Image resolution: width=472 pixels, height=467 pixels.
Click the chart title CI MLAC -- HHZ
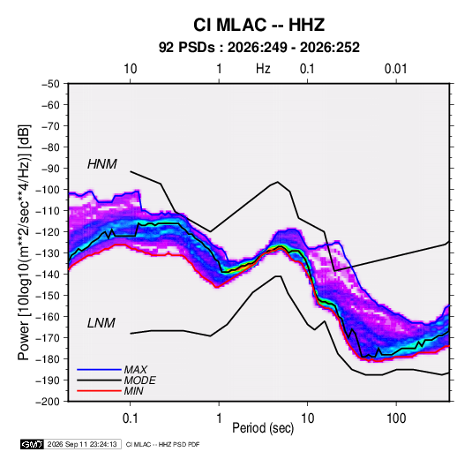click(258, 25)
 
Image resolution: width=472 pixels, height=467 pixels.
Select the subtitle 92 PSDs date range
click(258, 48)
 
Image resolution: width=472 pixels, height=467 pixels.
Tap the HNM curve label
click(102, 164)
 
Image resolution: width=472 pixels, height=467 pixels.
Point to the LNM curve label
click(101, 323)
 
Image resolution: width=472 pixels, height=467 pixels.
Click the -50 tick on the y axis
click(50, 84)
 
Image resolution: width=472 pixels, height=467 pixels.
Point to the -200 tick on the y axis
click(48, 402)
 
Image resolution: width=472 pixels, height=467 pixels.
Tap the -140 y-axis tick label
click(48, 275)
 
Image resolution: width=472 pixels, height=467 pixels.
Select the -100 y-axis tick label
click(48, 190)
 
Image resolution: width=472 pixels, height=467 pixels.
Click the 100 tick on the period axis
click(396, 418)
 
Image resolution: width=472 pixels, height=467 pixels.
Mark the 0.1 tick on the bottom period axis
click(130, 418)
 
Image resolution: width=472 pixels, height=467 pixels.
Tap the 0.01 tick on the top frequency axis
click(395, 69)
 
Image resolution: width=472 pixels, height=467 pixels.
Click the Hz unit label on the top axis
click(263, 69)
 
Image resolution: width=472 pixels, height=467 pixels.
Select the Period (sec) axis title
click(263, 428)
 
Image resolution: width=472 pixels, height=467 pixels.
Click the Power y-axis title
click(24, 243)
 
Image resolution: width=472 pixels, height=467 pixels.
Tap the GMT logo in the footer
click(33, 444)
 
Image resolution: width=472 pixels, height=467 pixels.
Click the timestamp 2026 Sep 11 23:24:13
click(82, 444)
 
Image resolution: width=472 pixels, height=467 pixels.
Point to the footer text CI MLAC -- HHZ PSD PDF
click(162, 444)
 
